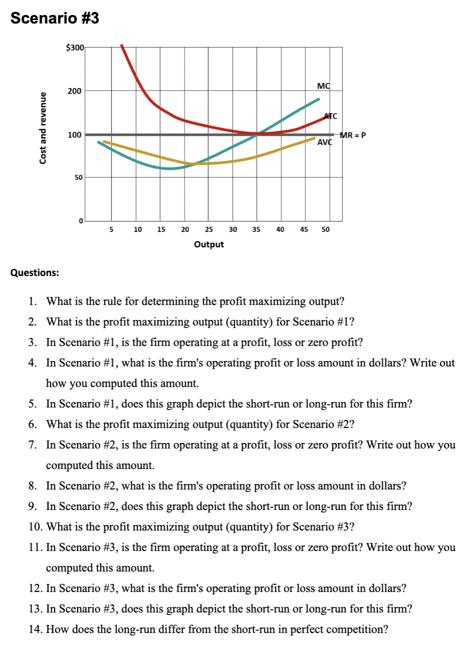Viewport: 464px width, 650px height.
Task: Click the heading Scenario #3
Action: coord(55,18)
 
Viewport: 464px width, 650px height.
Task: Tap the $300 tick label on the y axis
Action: coord(75,47)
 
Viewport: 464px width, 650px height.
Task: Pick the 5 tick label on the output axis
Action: coord(111,229)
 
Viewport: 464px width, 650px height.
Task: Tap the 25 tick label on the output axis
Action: coord(209,229)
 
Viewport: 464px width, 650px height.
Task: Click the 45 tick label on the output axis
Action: coord(304,229)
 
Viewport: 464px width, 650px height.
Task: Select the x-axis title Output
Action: coord(209,244)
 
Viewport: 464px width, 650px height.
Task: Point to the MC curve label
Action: coord(324,86)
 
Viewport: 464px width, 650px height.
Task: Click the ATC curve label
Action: coord(331,116)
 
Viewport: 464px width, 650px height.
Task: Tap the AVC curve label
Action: coord(325,142)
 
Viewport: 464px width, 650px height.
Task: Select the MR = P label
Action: coord(353,134)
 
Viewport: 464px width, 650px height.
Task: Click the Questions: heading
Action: coord(35,272)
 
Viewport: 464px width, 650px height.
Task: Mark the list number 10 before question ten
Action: coord(35,527)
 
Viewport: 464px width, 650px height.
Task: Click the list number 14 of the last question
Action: coord(35,629)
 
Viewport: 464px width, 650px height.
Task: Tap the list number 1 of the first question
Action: coord(32,301)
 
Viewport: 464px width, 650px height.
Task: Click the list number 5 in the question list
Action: coord(32,404)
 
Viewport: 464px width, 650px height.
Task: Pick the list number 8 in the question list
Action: coord(32,486)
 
